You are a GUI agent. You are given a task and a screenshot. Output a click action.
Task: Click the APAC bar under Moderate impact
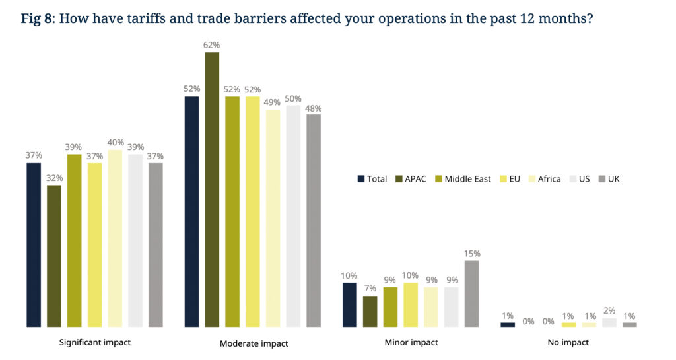pyautogui.click(x=212, y=190)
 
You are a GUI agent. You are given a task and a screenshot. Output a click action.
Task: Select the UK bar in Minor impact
pyautogui.click(x=471, y=294)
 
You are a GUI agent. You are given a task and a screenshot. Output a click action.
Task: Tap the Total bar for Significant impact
pyautogui.click(x=34, y=244)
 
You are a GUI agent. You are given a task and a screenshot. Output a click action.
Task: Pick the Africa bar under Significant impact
pyautogui.click(x=115, y=238)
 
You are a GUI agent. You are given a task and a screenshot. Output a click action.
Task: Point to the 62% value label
pyautogui.click(x=212, y=45)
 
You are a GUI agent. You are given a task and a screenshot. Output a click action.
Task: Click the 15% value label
pyautogui.click(x=471, y=253)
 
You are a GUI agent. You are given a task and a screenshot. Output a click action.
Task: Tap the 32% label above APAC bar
pyautogui.click(x=54, y=178)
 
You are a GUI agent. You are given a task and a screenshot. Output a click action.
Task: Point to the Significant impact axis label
pyautogui.click(x=95, y=343)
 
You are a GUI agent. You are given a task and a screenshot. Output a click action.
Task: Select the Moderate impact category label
pyautogui.click(x=253, y=343)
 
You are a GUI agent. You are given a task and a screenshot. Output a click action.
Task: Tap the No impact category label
pyautogui.click(x=568, y=343)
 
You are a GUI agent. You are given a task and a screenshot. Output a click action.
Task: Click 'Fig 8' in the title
pyautogui.click(x=37, y=18)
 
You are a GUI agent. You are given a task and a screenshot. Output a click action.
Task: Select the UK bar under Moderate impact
pyautogui.click(x=314, y=221)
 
